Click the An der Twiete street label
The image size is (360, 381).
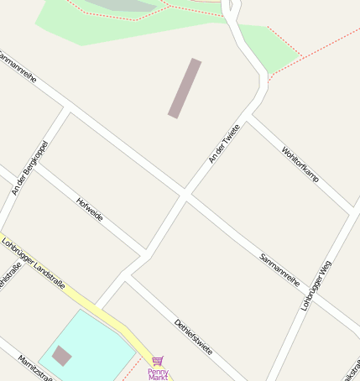pos(223,144)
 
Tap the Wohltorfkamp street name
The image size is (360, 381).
pos(300,164)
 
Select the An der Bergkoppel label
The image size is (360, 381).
pos(30,168)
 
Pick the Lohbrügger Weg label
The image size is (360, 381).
pos(316,285)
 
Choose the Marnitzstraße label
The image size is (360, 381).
pos(35,368)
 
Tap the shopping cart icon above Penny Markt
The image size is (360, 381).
pos(158,360)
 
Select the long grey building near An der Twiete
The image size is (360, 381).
pos(185,88)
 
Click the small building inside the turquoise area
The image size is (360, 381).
pos(61,356)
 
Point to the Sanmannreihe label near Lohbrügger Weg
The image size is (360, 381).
pos(279,269)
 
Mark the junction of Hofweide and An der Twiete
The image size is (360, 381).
pos(144,253)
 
